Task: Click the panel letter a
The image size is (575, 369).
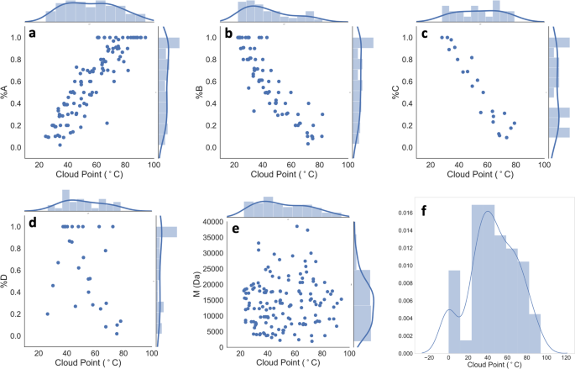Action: [32, 34]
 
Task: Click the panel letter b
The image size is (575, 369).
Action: [220, 34]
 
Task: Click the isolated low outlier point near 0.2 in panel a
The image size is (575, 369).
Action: [107, 123]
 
